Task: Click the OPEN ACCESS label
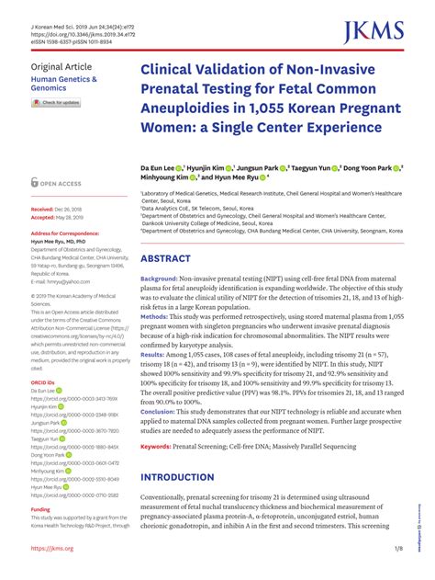pyautogui.click(x=62, y=184)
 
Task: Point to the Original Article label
pyautogui.click(x=61, y=68)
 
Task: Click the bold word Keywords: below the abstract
pyautogui.click(x=159, y=447)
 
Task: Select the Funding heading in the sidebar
pyautogui.click(x=40, y=508)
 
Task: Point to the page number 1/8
pyautogui.click(x=397, y=549)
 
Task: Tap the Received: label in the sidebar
pyautogui.click(x=43, y=210)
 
